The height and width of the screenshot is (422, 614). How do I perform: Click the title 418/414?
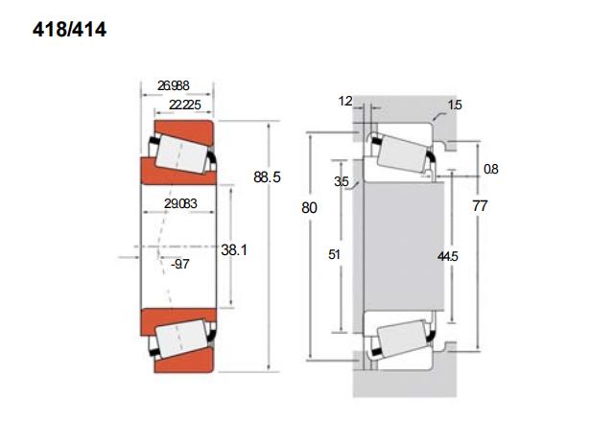coord(69,30)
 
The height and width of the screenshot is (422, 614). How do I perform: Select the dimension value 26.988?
coord(173,85)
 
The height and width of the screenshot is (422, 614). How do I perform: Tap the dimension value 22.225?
coord(185,105)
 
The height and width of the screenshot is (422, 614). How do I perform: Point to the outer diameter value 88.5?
coord(267,176)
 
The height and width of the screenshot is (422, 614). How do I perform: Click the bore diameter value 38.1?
coord(234,249)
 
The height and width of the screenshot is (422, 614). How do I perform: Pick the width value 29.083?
coord(180,203)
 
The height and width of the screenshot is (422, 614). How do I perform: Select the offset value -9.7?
coord(180,264)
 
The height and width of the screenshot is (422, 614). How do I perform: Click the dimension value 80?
coord(309,207)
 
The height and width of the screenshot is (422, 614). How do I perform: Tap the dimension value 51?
coord(334,254)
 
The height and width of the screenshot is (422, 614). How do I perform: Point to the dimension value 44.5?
coord(448,256)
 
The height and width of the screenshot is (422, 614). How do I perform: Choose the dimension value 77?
coord(480,205)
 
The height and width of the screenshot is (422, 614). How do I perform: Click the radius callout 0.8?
coord(490,169)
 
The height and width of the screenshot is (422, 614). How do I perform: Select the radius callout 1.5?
coord(455,105)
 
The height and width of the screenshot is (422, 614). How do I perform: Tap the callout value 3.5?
coord(342,181)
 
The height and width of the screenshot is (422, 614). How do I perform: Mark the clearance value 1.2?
coord(345,101)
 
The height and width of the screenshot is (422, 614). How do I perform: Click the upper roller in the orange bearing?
coord(181,153)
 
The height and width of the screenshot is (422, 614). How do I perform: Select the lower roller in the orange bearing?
coord(181,339)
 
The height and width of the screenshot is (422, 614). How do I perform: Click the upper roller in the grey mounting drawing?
coord(403,153)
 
